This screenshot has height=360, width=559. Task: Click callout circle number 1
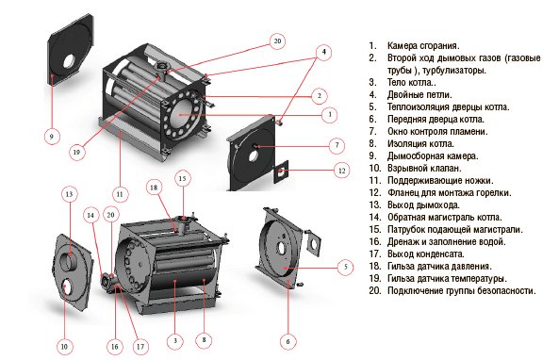tap(330, 114)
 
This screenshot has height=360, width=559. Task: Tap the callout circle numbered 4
tap(323, 52)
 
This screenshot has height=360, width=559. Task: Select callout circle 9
tap(52, 136)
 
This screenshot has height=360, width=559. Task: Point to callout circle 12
tap(341, 171)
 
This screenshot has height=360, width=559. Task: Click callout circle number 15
tap(182, 178)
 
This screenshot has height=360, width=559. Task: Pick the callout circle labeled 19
tap(76, 152)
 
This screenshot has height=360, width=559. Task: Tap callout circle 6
tap(288, 341)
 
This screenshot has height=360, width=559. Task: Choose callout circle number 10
tap(64, 346)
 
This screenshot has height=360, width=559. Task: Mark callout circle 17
tap(140, 346)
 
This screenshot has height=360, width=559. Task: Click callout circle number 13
tap(69, 194)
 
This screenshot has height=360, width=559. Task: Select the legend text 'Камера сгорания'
tap(423, 45)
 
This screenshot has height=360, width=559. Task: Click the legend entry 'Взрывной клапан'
tap(424, 168)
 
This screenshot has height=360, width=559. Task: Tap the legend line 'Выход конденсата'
tap(426, 254)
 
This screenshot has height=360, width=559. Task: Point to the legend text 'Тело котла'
tap(410, 82)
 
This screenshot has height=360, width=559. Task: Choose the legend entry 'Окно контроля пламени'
tap(437, 131)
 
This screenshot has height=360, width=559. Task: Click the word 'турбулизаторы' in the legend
tap(453, 71)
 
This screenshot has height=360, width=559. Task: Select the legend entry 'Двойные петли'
tap(419, 94)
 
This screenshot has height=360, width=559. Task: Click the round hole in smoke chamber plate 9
tap(69, 61)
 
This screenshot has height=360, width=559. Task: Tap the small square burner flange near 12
tap(281, 172)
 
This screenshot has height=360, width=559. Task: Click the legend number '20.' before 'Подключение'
tap(375, 290)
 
